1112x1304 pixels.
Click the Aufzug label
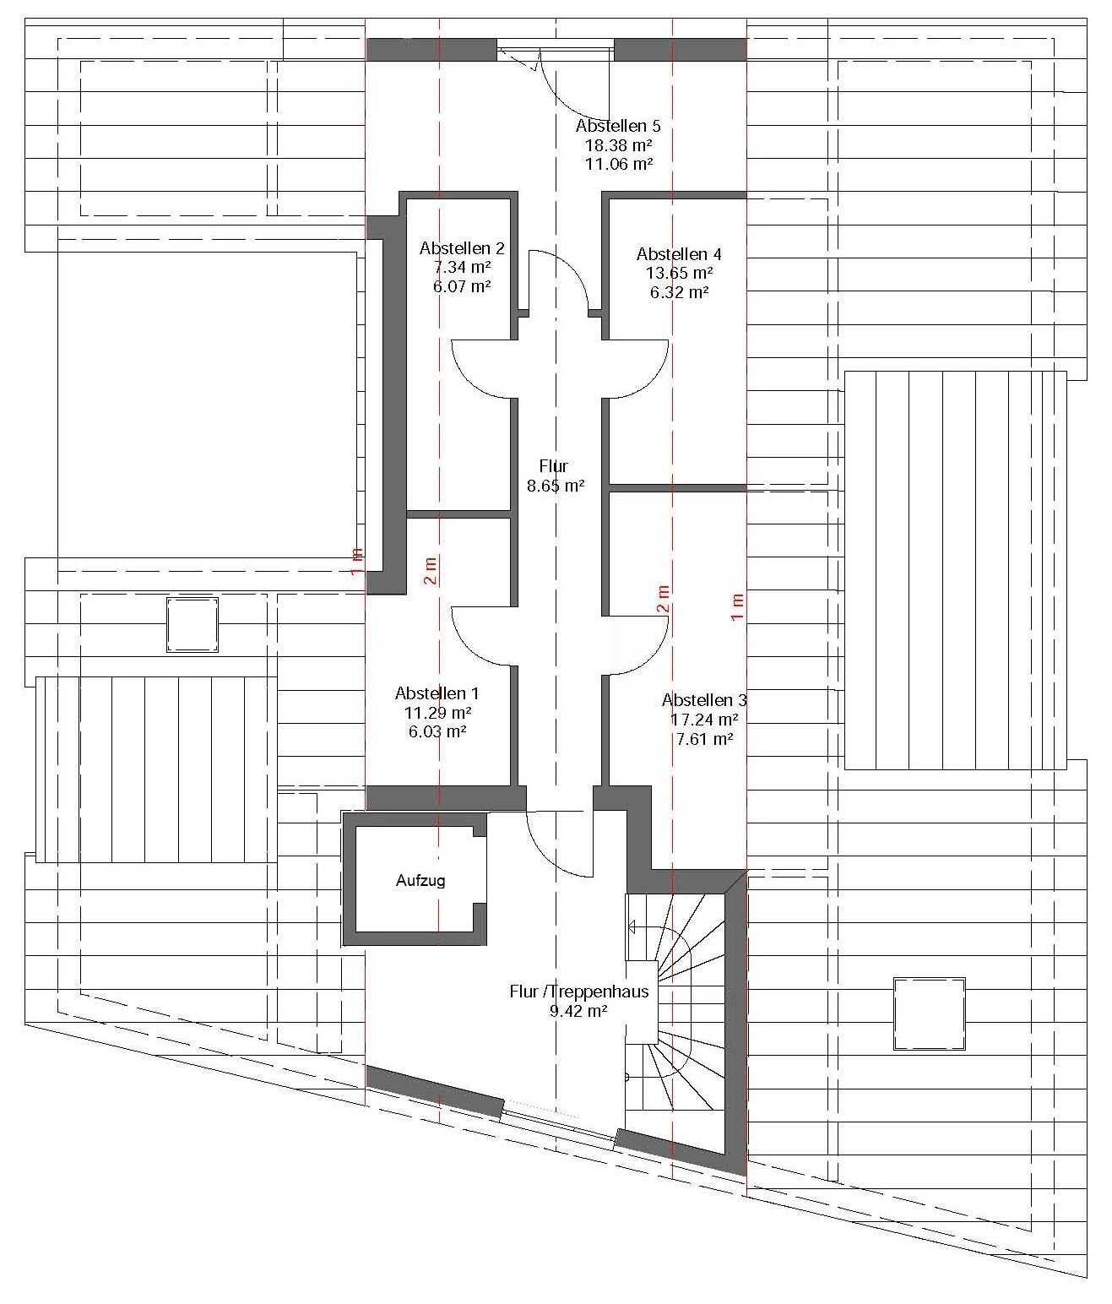tap(420, 880)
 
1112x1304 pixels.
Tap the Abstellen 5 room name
tap(618, 126)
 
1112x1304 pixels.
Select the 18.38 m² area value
tap(618, 145)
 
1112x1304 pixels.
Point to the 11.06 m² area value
tap(618, 164)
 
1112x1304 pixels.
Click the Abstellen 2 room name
tap(462, 248)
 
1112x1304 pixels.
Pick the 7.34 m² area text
tap(462, 267)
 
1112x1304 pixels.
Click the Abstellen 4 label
tap(679, 254)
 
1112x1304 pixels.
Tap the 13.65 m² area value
tap(679, 273)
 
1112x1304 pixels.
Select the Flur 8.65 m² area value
tap(555, 486)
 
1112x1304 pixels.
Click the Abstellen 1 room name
tap(437, 693)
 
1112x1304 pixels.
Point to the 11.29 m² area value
tap(437, 713)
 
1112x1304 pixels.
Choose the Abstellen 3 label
tap(704, 699)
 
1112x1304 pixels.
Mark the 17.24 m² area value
tap(704, 720)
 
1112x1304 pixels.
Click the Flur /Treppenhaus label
tap(579, 992)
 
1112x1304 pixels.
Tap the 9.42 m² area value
tap(578, 1011)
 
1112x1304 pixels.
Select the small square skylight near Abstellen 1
tap(193, 625)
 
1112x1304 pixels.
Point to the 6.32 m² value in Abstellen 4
tap(679, 292)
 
